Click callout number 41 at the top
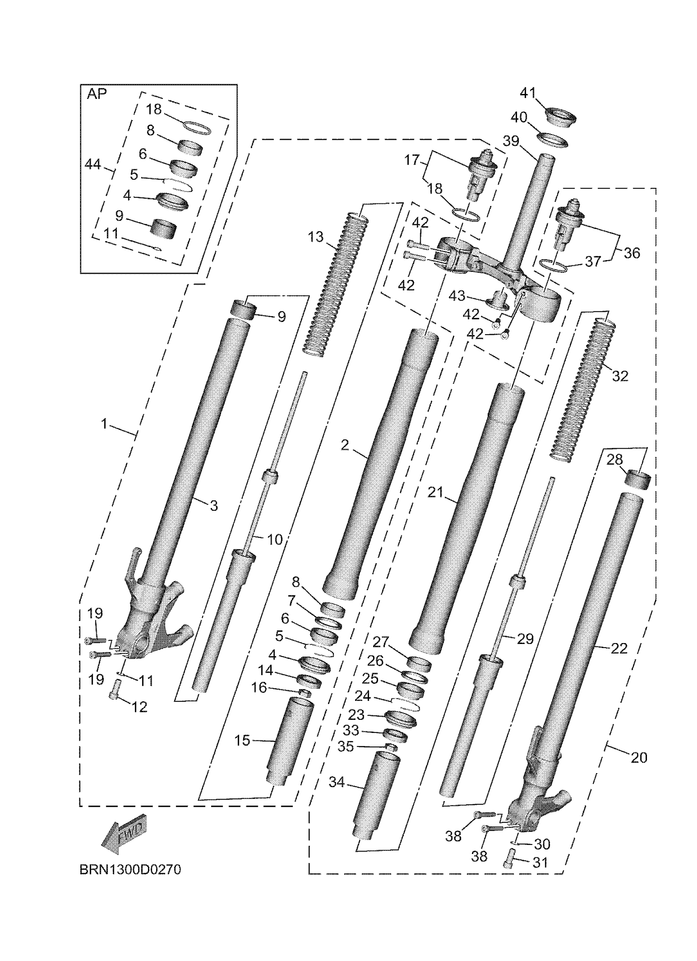click(528, 93)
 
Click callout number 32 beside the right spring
click(620, 376)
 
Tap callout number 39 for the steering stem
click(511, 141)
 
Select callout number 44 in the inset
click(93, 164)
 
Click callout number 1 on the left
click(104, 423)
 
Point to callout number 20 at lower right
click(638, 757)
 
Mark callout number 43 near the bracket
click(456, 296)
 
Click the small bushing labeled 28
click(638, 479)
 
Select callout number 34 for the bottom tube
click(337, 782)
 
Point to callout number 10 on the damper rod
click(275, 539)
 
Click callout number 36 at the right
click(631, 253)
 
